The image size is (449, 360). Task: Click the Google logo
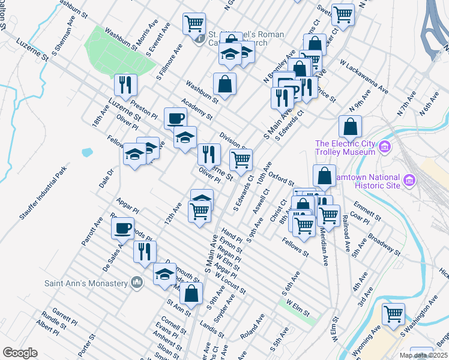coord(20,353)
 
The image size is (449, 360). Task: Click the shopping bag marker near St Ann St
coord(191,294)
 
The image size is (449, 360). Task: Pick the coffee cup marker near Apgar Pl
coord(123,228)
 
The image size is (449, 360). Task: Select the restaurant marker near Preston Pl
coord(125,85)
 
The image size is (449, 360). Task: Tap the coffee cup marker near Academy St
coord(175,118)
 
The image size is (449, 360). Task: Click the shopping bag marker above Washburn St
coord(224,84)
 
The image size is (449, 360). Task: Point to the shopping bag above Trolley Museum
coord(350,127)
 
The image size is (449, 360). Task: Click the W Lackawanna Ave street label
coord(362,74)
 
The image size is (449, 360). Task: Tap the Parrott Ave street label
coord(93,234)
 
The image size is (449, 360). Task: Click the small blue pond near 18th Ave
coord(86,152)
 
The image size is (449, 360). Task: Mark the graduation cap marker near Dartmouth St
coord(164,274)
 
